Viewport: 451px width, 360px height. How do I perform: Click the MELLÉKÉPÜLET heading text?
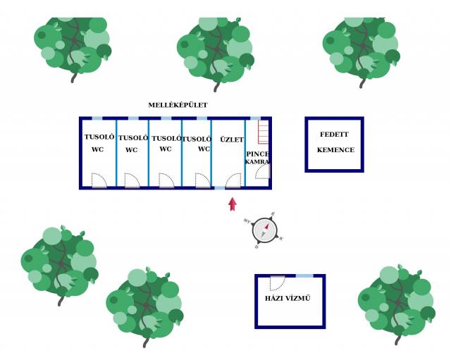(178, 105)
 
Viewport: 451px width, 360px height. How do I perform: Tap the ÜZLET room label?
(231, 139)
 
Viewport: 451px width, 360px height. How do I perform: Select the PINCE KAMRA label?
(258, 158)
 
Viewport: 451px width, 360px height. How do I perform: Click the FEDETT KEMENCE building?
(334, 144)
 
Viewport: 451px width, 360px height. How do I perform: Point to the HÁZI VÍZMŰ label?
(288, 299)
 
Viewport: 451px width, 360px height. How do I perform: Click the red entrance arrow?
(233, 204)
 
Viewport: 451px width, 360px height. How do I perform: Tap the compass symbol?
(264, 230)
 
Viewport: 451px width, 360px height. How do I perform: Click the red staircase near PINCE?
(264, 132)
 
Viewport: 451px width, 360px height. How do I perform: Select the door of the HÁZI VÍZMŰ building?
(278, 283)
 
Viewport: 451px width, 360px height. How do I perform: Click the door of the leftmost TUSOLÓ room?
(99, 181)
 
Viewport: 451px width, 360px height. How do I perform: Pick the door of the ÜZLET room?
(233, 181)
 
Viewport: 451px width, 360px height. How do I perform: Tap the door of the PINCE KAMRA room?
(262, 172)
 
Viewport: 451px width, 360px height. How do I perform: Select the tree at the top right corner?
(360, 44)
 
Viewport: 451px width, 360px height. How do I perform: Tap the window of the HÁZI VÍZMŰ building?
(304, 275)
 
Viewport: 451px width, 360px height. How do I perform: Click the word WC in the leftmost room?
(97, 150)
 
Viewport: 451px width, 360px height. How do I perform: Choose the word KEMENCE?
(335, 150)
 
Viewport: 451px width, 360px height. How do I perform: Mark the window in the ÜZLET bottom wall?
(220, 188)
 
